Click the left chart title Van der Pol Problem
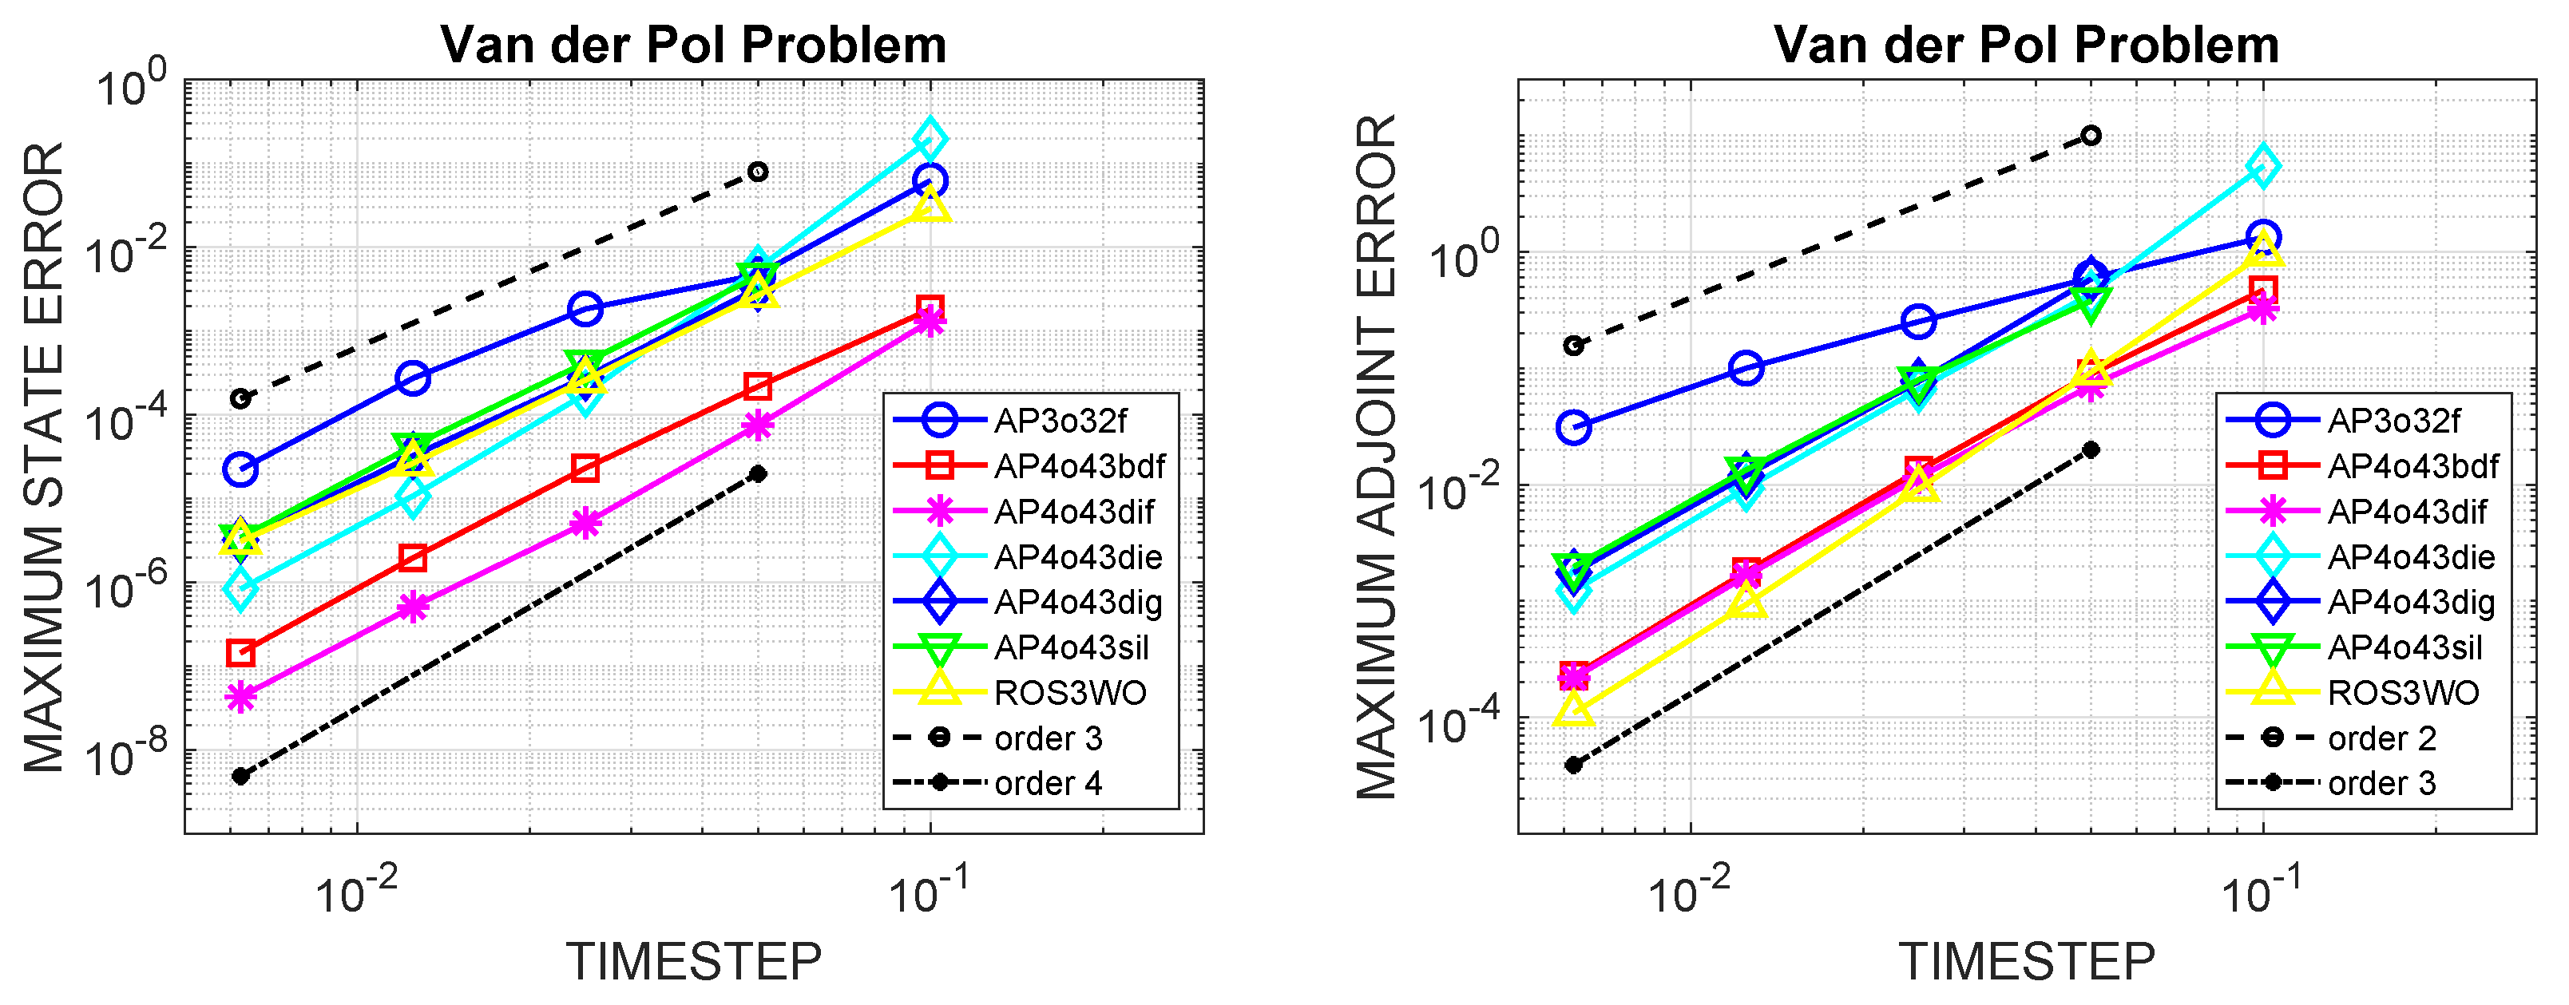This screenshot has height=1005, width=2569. [693, 45]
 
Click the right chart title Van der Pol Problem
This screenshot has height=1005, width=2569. [2027, 45]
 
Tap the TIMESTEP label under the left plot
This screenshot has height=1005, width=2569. [694, 962]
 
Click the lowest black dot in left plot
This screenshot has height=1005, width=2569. [240, 776]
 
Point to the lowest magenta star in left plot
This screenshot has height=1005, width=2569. [240, 696]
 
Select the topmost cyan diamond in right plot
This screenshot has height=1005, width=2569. [2263, 165]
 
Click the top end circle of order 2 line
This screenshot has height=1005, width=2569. [2091, 136]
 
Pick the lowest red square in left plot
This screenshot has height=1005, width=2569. [240, 653]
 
